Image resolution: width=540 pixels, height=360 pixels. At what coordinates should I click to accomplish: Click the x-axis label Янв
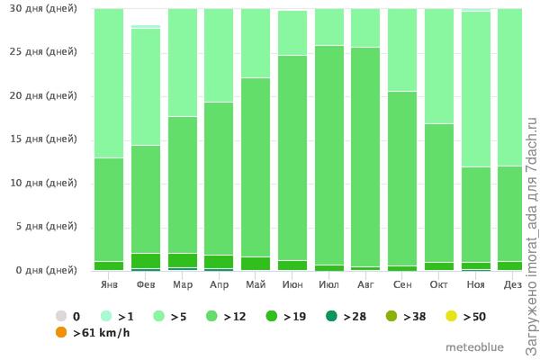(x=109, y=284)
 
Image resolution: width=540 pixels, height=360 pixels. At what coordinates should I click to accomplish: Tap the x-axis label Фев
(x=145, y=284)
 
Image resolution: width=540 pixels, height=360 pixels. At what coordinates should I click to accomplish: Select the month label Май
(x=255, y=284)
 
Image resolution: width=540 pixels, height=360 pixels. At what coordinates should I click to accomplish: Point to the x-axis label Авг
(x=364, y=284)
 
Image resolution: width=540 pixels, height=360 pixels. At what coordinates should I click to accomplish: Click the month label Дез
(x=513, y=284)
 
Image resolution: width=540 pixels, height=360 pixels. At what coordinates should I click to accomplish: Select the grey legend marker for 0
(x=61, y=316)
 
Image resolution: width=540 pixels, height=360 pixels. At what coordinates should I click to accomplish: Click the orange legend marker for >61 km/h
(x=61, y=333)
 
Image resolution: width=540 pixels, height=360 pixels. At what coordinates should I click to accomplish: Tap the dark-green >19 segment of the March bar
(x=182, y=260)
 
